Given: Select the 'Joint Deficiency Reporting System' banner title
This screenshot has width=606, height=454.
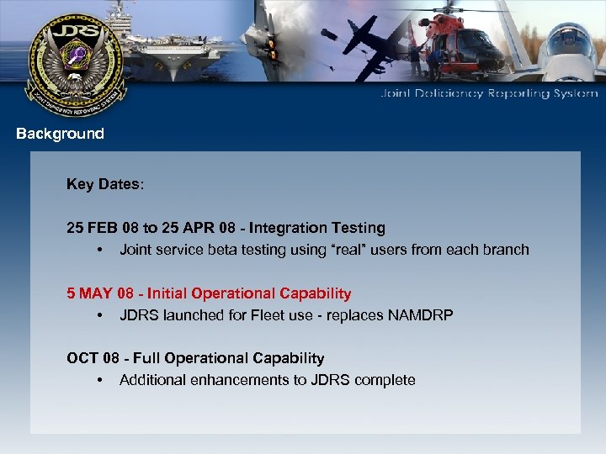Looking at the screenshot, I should click(489, 94).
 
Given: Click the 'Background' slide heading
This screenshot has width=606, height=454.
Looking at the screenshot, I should click(60, 134).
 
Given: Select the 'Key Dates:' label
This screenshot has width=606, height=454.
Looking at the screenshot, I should click(105, 184).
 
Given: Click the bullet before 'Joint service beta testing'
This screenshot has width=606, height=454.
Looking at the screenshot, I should click(99, 250).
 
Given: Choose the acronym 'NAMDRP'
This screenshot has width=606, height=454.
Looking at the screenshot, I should click(421, 315).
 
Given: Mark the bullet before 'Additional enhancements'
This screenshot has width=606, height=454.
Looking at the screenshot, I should click(99, 381).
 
